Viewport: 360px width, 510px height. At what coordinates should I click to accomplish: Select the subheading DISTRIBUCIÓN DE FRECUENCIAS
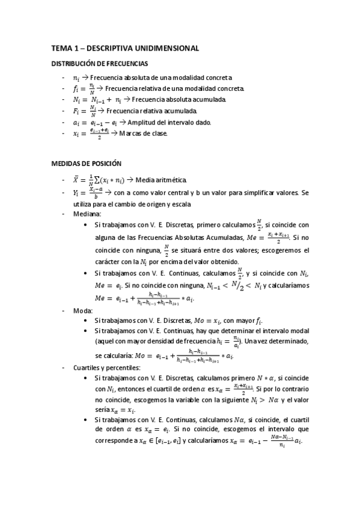[x=100, y=63]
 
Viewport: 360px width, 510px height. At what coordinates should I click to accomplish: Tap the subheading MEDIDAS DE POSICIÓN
[x=87, y=164]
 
